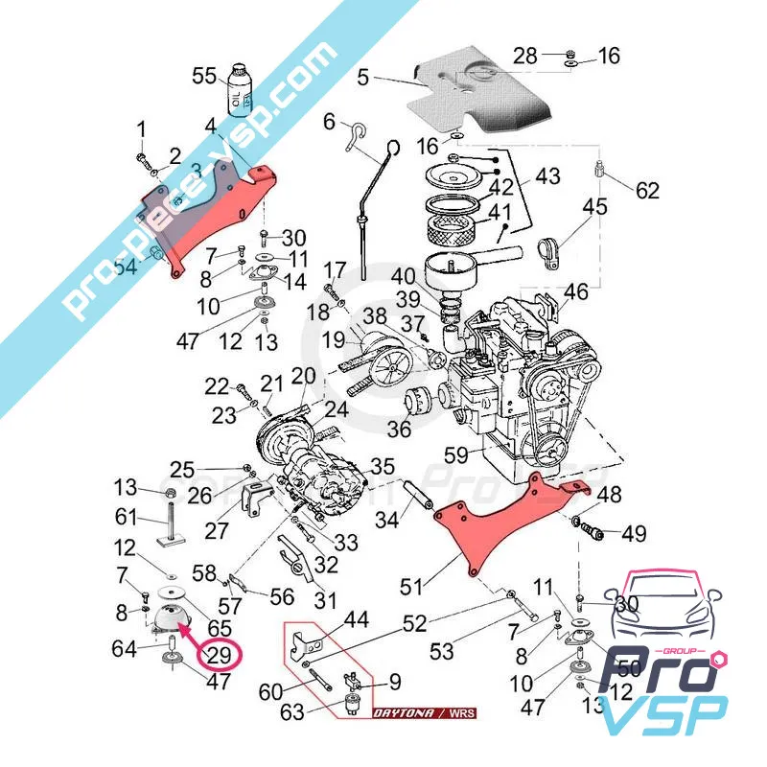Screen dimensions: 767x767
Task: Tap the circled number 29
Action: pyautogui.click(x=220, y=657)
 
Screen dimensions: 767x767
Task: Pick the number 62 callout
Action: pyautogui.click(x=647, y=190)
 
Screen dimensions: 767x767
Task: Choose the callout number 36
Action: pyautogui.click(x=399, y=429)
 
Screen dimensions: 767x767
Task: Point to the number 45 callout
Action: pyautogui.click(x=594, y=207)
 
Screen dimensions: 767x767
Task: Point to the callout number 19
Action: pyautogui.click(x=333, y=338)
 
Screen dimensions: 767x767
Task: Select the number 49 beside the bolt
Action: pyautogui.click(x=634, y=533)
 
